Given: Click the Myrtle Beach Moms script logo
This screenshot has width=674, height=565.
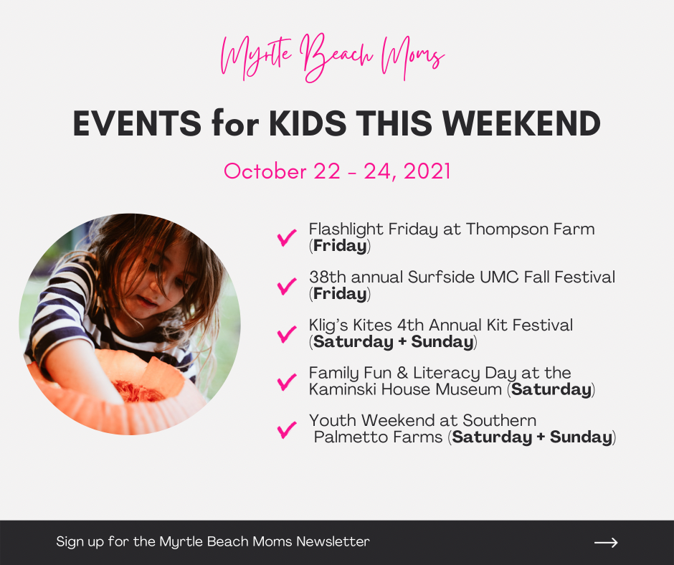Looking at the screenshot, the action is click(x=332, y=58).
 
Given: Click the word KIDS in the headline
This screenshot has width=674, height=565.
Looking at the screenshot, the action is click(x=308, y=123).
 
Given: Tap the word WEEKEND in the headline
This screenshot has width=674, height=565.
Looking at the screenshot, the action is click(x=521, y=123).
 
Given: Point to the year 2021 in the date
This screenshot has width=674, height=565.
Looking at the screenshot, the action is click(x=427, y=171).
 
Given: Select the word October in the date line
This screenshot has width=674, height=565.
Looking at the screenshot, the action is click(x=265, y=171).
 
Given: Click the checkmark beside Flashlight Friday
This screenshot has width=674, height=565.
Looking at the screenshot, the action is click(x=287, y=237).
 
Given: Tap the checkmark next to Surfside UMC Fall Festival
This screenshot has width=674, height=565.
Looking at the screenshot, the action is click(x=287, y=286).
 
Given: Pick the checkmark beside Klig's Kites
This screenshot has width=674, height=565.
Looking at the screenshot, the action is click(x=287, y=334).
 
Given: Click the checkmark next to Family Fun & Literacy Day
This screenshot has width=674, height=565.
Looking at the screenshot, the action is click(x=287, y=381).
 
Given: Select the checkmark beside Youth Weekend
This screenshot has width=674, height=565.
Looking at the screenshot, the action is click(x=287, y=429).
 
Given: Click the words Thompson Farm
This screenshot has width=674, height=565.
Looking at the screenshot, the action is click(x=531, y=230).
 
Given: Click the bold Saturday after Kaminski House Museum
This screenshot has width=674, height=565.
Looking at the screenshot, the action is click(x=551, y=389).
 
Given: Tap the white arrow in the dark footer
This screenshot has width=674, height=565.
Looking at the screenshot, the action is click(x=606, y=543).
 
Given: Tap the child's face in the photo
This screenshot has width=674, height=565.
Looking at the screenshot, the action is click(x=151, y=280).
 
